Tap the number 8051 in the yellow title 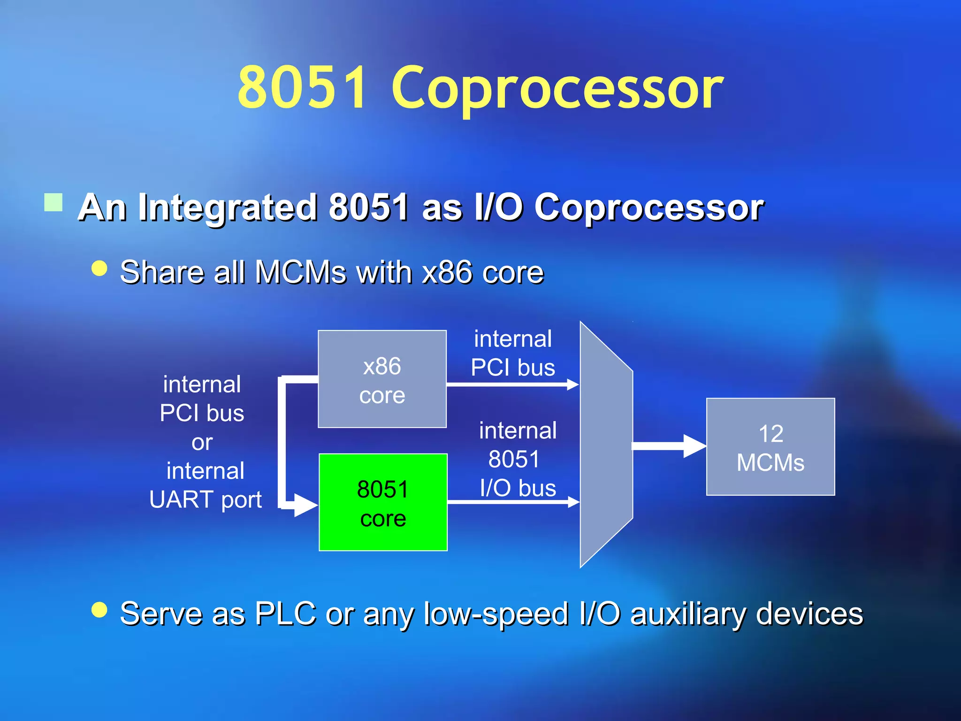(x=301, y=87)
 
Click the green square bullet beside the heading (x=53, y=203)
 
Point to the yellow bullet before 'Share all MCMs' (x=99, y=268)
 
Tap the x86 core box (x=382, y=379)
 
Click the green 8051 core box (x=383, y=502)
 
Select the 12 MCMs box (x=770, y=447)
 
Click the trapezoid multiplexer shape (x=606, y=445)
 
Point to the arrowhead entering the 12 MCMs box (x=694, y=446)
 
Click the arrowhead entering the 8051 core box (x=305, y=505)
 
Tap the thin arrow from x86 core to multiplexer (x=511, y=385)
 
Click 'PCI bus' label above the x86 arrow (x=513, y=367)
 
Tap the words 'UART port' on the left (x=205, y=499)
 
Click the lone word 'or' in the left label (x=202, y=442)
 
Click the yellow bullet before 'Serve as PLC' (x=99, y=610)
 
